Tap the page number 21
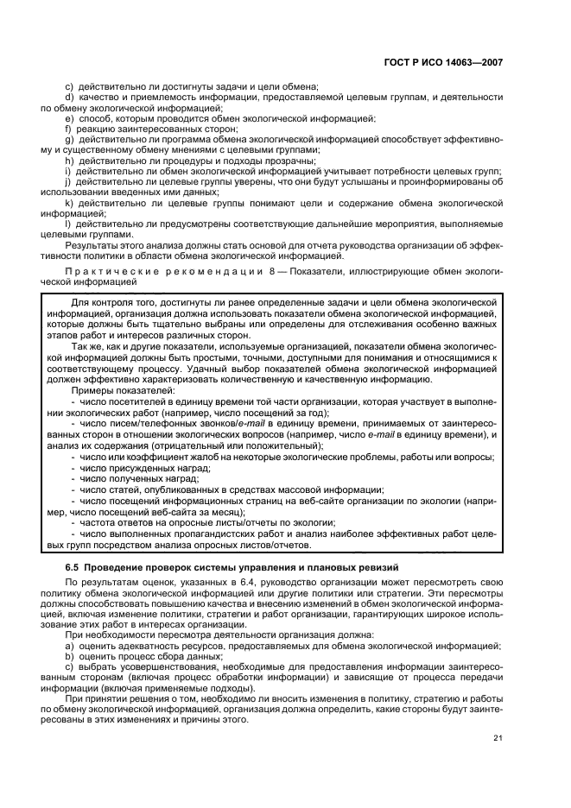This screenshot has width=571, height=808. tap(498, 737)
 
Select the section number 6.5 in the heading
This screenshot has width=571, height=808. tap(73, 566)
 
